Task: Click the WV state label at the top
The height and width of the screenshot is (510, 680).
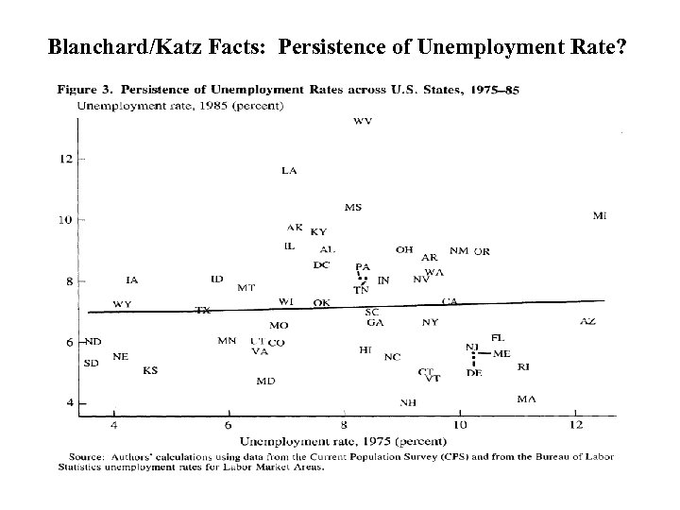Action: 362,121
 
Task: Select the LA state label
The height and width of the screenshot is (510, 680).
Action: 290,171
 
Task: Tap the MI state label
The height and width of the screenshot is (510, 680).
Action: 600,216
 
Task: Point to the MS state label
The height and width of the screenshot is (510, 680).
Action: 353,208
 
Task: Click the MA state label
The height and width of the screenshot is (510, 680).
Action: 527,399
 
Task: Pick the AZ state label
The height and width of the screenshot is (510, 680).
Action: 587,322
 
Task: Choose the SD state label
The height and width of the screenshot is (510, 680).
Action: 92,363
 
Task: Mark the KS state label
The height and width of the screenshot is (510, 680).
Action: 150,370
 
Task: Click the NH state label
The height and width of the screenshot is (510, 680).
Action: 408,402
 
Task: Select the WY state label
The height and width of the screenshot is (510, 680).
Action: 122,304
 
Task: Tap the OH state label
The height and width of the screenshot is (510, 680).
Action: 404,250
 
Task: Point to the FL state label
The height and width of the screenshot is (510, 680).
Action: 498,337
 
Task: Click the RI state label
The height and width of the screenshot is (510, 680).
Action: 523,366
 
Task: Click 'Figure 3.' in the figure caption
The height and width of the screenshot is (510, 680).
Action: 85,91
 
